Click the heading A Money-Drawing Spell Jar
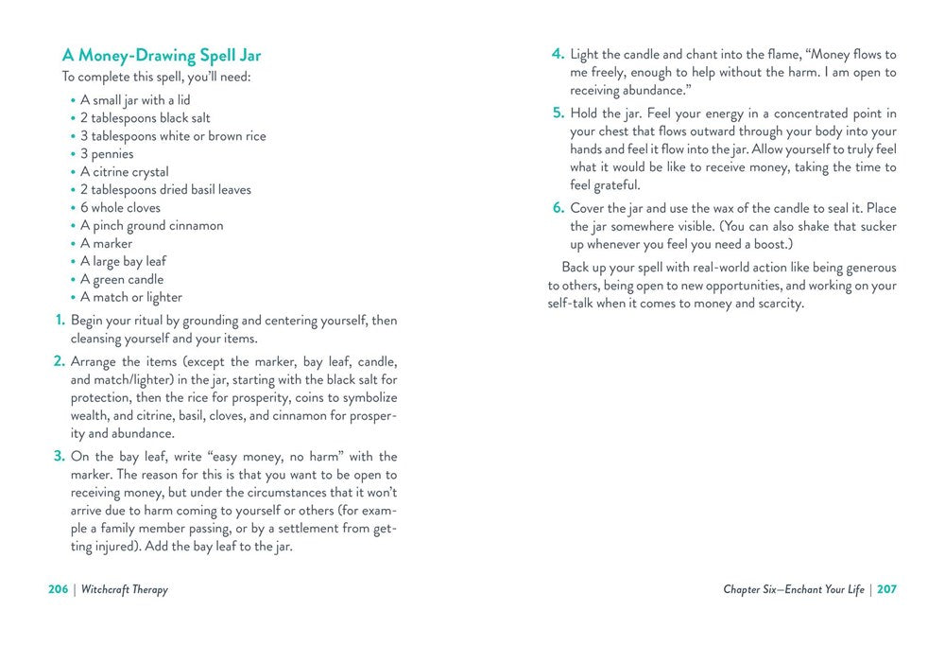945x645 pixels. pyautogui.click(x=162, y=56)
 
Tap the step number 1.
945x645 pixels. pyautogui.click(x=60, y=321)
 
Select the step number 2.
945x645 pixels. pyautogui.click(x=59, y=361)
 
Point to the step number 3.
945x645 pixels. pyautogui.click(x=59, y=457)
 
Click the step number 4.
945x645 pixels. pyautogui.click(x=558, y=54)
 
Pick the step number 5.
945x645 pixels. pyautogui.click(x=558, y=113)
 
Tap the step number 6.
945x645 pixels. pyautogui.click(x=558, y=208)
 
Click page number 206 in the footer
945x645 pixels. pyautogui.click(x=59, y=589)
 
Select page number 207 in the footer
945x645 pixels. pyautogui.click(x=886, y=589)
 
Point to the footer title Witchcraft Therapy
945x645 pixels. pyautogui.click(x=124, y=589)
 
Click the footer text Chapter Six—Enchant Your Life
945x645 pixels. pyautogui.click(x=794, y=589)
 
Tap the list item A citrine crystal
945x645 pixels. pyautogui.click(x=124, y=172)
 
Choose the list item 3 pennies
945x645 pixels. pyautogui.click(x=107, y=154)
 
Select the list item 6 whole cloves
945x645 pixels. pyautogui.click(x=120, y=208)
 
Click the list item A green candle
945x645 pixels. pyautogui.click(x=121, y=279)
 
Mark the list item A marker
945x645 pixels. pyautogui.click(x=106, y=243)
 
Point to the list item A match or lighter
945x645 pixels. pyautogui.click(x=130, y=297)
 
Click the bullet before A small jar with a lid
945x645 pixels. pyautogui.click(x=73, y=101)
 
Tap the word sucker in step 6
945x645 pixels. pyautogui.click(x=876, y=226)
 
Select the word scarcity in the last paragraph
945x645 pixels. pyautogui.click(x=773, y=304)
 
